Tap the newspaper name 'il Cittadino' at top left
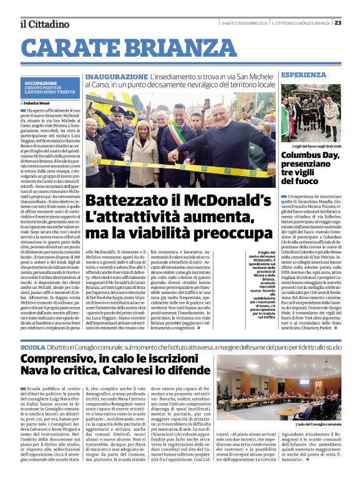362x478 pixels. tap(44, 24)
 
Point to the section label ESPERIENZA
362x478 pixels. tap(303, 75)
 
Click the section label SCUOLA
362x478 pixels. tap(32, 347)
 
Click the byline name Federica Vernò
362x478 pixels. tap(40, 102)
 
